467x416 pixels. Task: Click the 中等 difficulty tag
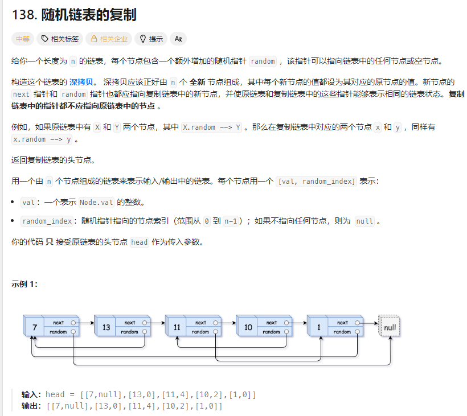pos(23,39)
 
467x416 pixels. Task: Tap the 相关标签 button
pos(59,39)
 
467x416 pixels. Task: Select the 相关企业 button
pos(108,39)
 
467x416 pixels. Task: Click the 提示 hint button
pos(151,39)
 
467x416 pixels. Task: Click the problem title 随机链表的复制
pos(89,14)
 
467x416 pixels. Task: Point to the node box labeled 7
pos(35,327)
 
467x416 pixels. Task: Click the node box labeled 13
pos(106,327)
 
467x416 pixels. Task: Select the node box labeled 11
pos(177,327)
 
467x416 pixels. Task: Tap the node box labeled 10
pos(248,327)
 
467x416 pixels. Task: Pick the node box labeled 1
pos(319,327)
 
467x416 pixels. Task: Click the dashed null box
pos(390,327)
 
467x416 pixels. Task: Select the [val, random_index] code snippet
pos(316,182)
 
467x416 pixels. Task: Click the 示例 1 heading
pos(24,285)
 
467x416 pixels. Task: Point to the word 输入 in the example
pos(31,394)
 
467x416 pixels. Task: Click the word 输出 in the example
pos(31,406)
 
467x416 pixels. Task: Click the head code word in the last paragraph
pos(140,242)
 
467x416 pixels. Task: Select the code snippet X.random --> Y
pos(212,127)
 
